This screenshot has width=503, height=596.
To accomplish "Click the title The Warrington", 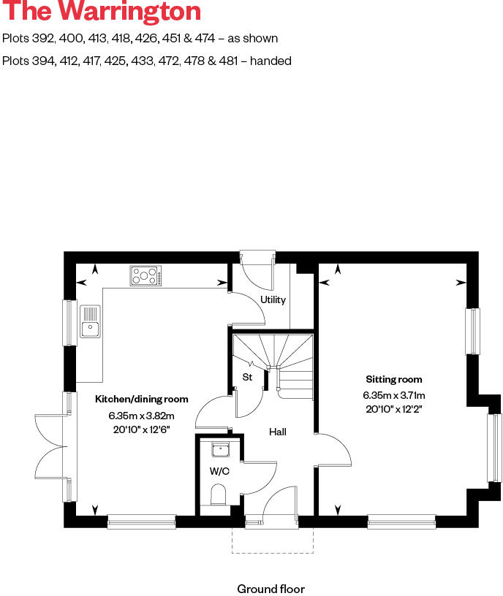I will tap(102, 12).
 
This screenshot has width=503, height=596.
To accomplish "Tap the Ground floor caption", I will tap(271, 589).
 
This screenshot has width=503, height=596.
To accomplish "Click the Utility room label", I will tap(273, 299).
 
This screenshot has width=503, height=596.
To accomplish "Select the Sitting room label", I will tap(394, 379).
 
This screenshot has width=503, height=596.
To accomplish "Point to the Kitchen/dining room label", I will tap(142, 400).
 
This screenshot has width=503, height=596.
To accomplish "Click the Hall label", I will tap(277, 432).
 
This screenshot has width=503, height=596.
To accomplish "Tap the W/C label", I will tap(219, 471).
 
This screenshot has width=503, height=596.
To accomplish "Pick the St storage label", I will tap(247, 377).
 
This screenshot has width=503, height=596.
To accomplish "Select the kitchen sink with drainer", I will tap(90, 322).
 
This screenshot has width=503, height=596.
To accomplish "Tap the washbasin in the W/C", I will tap(219, 450).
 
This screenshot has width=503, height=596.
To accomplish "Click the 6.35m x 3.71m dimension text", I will tap(394, 395).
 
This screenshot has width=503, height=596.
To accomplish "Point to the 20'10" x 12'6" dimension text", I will tap(142, 430).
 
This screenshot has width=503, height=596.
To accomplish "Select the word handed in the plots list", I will tap(271, 61).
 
